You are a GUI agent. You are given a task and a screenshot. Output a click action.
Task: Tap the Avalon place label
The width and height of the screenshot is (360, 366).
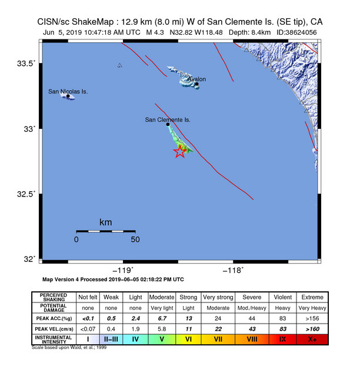[196, 79]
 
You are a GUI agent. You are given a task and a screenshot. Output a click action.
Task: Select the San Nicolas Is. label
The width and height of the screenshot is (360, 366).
[68, 91]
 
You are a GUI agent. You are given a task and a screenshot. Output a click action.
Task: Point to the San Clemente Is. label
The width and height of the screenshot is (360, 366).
[168, 119]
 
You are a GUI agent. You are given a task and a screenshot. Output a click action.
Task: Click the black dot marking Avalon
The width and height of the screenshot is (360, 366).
[196, 84]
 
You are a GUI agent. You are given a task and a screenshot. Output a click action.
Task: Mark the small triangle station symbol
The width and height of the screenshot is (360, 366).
[119, 65]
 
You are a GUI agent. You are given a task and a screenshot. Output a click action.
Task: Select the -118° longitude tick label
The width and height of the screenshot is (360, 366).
[234, 270]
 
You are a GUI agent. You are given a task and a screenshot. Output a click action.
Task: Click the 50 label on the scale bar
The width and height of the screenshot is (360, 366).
[135, 240]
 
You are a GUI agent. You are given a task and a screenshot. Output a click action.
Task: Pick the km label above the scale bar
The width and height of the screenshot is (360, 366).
[105, 222]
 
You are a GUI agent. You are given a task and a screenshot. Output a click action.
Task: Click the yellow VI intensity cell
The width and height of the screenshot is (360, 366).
[188, 339]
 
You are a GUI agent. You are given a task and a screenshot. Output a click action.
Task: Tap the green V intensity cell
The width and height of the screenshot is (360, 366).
[160, 339]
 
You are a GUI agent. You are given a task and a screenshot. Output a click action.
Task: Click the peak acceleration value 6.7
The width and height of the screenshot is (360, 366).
[160, 318]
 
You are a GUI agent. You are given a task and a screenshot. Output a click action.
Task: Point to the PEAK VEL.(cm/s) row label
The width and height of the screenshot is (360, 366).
[54, 328]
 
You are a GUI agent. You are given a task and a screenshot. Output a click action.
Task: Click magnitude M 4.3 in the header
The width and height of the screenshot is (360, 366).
[156, 32]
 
